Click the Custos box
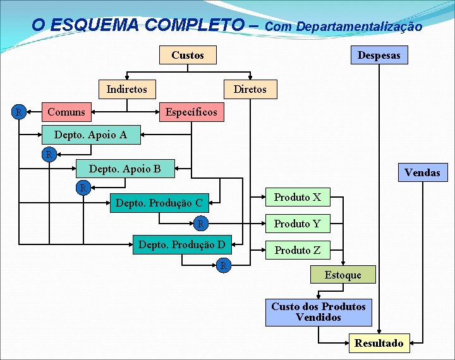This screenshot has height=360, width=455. (188, 56)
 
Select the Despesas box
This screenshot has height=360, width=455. (379, 56)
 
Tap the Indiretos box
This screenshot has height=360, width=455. (126, 89)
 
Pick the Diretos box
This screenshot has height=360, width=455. (250, 89)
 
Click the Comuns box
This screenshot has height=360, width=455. (66, 112)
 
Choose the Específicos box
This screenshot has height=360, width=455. (191, 112)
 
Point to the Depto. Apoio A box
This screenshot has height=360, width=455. (90, 135)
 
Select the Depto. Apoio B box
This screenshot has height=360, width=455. (124, 169)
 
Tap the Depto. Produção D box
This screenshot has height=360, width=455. (181, 244)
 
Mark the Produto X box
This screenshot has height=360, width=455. (297, 198)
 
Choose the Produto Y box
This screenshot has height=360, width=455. (297, 224)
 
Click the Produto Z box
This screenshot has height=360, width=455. (297, 250)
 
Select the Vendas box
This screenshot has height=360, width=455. (422, 172)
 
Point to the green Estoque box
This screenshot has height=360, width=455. (343, 275)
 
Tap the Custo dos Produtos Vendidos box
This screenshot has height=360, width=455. (318, 312)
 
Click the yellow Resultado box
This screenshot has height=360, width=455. (379, 343)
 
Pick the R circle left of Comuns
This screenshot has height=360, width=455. (20, 112)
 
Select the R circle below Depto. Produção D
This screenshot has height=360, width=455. (223, 266)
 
